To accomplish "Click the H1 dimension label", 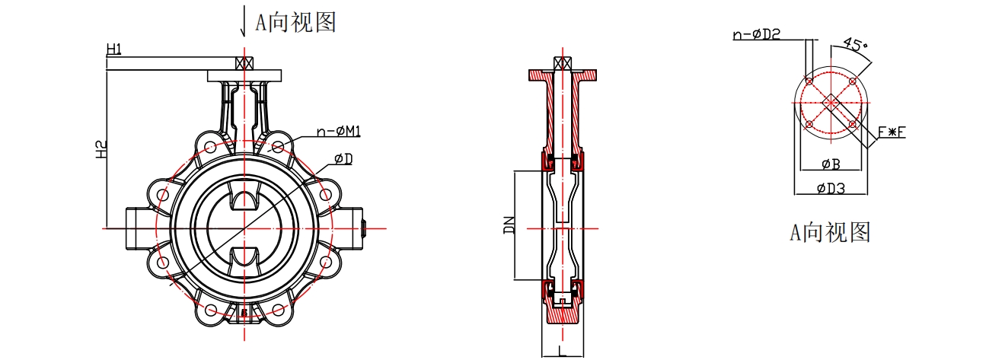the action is point(114,49).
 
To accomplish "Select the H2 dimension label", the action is point(101,149).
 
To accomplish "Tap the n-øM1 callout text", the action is point(339,131).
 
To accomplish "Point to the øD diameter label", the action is point(344,159).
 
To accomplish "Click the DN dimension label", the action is point(509,225).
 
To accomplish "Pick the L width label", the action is point(562,349).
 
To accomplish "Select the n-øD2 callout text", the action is point(757,34).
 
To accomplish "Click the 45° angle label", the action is point(856,44).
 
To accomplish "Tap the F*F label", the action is point(892,132).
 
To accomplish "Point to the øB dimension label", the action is point(831,164).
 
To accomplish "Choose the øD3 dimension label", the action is point(831,188).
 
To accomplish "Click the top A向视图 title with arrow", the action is point(288,21).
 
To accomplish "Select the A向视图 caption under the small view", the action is point(830,232).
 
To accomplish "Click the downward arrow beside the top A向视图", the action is point(243,21).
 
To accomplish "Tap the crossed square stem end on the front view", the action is point(244,63).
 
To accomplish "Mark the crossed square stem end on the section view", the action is point(563,63).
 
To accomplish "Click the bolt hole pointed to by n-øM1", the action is point(278,147).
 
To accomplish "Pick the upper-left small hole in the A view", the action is point(809,81).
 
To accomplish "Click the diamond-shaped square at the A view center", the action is point(831,103).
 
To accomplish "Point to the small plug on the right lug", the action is point(364,228).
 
